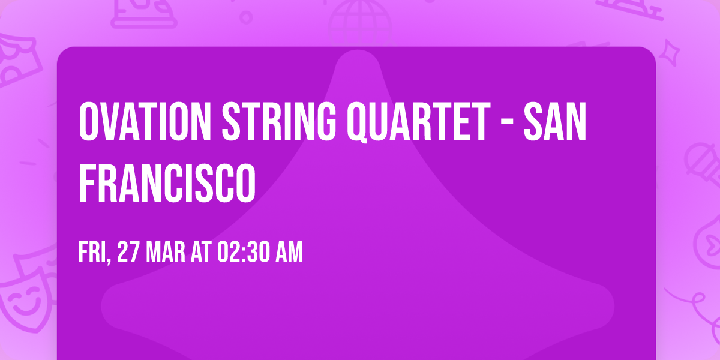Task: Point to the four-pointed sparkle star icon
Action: pos(671,52)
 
